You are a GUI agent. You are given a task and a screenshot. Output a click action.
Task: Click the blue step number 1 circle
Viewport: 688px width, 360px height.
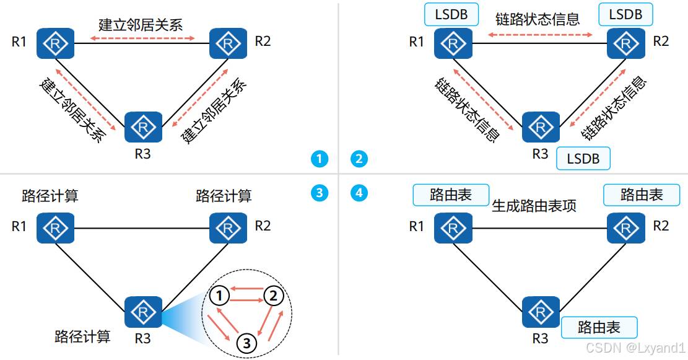pyautogui.click(x=320, y=159)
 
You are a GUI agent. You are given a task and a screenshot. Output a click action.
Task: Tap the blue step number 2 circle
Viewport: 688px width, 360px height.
pyautogui.click(x=359, y=159)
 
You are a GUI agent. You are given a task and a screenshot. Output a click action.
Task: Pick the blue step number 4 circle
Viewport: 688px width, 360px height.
pyautogui.click(x=359, y=193)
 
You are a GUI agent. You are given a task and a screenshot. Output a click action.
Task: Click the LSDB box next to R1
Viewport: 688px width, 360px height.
pyautogui.click(x=451, y=14)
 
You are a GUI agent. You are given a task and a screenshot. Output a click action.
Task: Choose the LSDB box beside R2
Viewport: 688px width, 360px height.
pyautogui.click(x=625, y=14)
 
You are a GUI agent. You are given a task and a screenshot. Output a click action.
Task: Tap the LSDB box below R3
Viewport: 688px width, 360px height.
pyautogui.click(x=583, y=159)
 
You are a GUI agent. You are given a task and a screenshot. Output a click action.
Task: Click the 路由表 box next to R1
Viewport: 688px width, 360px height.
pyautogui.click(x=451, y=195)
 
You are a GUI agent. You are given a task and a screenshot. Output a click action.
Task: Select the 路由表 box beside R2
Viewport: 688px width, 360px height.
pyautogui.click(x=642, y=195)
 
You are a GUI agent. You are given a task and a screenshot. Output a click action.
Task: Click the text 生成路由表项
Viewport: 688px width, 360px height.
pyautogui.click(x=534, y=206)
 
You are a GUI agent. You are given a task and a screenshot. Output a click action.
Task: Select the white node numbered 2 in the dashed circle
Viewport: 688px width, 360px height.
pyautogui.click(x=273, y=296)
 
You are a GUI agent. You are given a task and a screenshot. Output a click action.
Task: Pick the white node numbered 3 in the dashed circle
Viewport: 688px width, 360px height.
pyautogui.click(x=246, y=342)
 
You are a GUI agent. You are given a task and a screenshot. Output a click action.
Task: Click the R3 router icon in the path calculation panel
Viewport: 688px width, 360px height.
pyautogui.click(x=143, y=312)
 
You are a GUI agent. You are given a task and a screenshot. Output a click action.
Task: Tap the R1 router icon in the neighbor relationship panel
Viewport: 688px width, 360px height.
pyautogui.click(x=54, y=43)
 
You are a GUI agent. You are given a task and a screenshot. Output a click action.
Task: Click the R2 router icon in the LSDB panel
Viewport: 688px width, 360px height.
pyautogui.click(x=625, y=43)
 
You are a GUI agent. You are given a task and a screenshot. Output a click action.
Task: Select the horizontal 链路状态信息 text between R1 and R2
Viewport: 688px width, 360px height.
pyautogui.click(x=538, y=19)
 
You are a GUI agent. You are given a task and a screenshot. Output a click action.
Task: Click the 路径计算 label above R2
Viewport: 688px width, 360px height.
pyautogui.click(x=224, y=196)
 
